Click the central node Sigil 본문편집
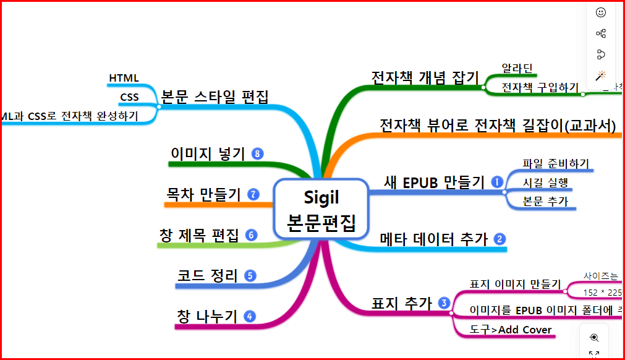coord(321,210)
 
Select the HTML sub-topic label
coord(124,78)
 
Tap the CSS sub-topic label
coord(129,97)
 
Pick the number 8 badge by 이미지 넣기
coord(258,153)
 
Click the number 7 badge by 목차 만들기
coord(253,194)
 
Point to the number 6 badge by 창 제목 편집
coord(250,235)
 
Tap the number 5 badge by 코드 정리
coord(250,276)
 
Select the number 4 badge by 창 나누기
coord(250,316)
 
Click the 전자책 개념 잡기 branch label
coord(425,77)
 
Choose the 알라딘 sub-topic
coord(517,68)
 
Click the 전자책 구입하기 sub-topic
coord(540,87)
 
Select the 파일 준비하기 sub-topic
coord(556,164)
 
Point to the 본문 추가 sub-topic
coord(545,201)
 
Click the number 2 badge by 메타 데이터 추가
coord(500,239)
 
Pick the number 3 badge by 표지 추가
coord(443,302)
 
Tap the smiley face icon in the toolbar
coord(600,12)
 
